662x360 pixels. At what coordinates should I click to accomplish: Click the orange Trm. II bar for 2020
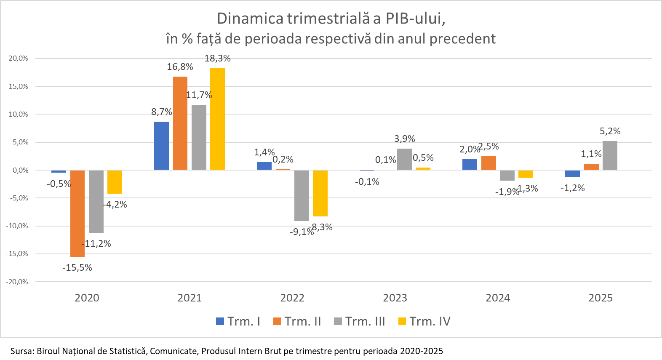(x=77, y=213)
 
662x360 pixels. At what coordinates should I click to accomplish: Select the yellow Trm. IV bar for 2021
(x=217, y=119)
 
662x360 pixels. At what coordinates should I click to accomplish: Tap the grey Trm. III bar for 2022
(x=302, y=195)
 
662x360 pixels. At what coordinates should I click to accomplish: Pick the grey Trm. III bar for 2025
(x=610, y=155)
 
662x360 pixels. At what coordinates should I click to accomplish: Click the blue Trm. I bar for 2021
(x=161, y=146)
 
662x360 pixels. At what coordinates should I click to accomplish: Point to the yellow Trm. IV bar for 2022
(x=320, y=193)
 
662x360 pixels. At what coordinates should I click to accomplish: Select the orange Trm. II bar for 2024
(x=488, y=163)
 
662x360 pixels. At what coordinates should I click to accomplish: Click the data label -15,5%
(x=77, y=268)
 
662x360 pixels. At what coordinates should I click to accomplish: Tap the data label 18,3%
(x=217, y=59)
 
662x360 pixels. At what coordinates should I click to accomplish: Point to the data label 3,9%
(x=404, y=139)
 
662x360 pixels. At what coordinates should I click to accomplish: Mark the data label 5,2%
(x=610, y=131)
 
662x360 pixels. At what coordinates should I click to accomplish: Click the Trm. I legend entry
(x=238, y=322)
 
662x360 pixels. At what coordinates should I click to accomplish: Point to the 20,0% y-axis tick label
(x=18, y=59)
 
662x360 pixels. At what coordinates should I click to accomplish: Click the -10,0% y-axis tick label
(x=17, y=226)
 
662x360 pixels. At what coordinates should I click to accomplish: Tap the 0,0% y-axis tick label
(x=20, y=170)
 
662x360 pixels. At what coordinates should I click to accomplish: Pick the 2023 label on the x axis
(x=395, y=298)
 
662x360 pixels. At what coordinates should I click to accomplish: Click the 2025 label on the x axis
(x=601, y=298)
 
